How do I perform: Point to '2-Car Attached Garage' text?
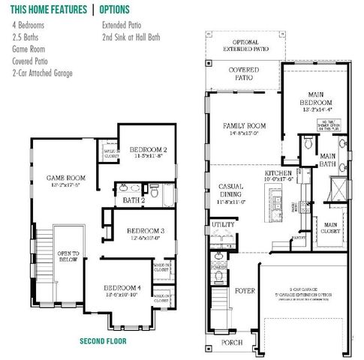(43, 73)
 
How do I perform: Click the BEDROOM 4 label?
(122, 287)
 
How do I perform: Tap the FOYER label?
(245, 290)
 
